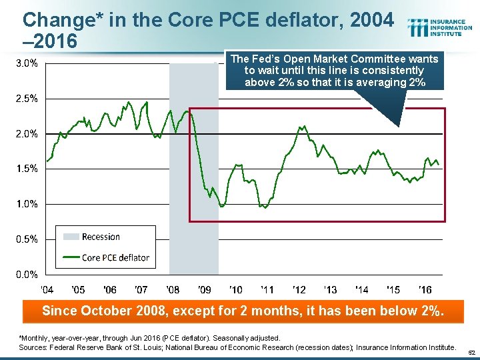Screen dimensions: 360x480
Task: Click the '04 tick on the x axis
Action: (47, 289)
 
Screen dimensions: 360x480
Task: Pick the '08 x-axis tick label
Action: (173, 289)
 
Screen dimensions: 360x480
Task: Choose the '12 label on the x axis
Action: (299, 289)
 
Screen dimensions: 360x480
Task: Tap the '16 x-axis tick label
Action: (425, 289)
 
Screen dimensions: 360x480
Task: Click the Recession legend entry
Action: (100, 237)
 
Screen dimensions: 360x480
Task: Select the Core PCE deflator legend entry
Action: (115, 257)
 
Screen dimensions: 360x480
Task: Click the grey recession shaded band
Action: (194, 167)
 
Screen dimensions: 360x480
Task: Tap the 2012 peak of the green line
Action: (304, 125)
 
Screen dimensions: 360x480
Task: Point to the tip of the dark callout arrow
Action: (399, 126)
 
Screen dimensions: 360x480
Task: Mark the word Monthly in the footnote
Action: (37, 339)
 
